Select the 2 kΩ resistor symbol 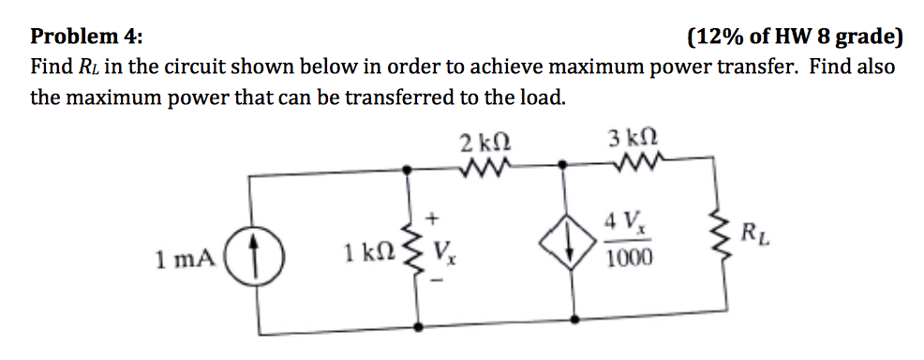pyautogui.click(x=485, y=170)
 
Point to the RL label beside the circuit pyautogui.click(x=759, y=232)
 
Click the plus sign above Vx pyautogui.click(x=433, y=217)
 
